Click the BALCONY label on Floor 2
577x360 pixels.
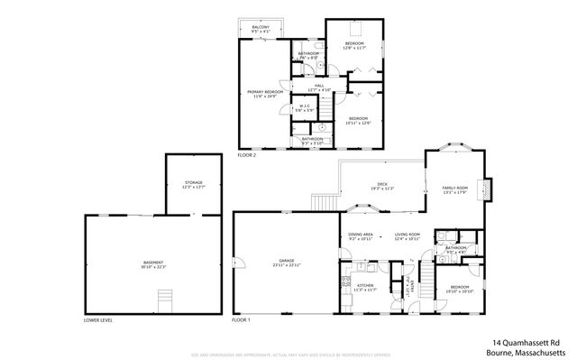tap(261, 30)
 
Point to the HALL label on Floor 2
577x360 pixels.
tap(319, 88)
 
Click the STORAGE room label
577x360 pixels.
tap(193, 185)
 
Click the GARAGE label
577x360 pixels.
tap(286, 263)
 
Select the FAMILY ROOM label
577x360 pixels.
tap(453, 189)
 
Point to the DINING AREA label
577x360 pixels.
tap(361, 237)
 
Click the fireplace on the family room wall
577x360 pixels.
tap(486, 188)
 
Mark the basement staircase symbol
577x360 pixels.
tap(164, 299)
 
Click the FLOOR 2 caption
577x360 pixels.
tap(246, 155)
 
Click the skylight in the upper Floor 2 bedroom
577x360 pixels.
tap(355, 27)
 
